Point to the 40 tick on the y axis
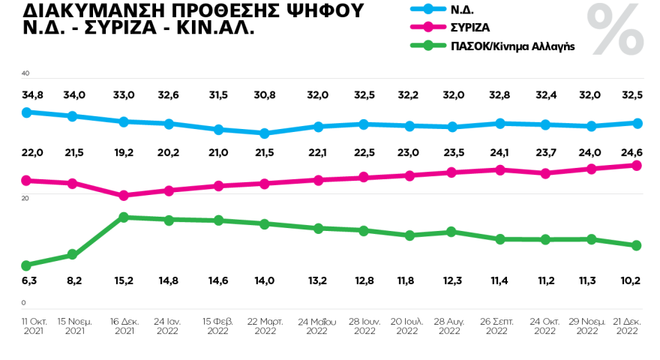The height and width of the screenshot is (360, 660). pos(25,73)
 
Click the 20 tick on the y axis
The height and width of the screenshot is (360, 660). pos(25,198)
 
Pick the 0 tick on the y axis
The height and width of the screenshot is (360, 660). pos(23,302)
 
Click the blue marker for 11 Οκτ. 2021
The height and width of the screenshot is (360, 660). pos(26,112)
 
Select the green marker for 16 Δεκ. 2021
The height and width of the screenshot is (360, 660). pos(124,217)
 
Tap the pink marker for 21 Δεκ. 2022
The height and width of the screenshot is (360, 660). pos(635,165)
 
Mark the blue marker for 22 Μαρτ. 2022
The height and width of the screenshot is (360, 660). pos(264,133)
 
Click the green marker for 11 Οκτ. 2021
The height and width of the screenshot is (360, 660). pos(26,265)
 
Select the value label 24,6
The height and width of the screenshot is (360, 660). pos(629,152)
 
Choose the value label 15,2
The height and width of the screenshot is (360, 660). pos(124,281)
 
